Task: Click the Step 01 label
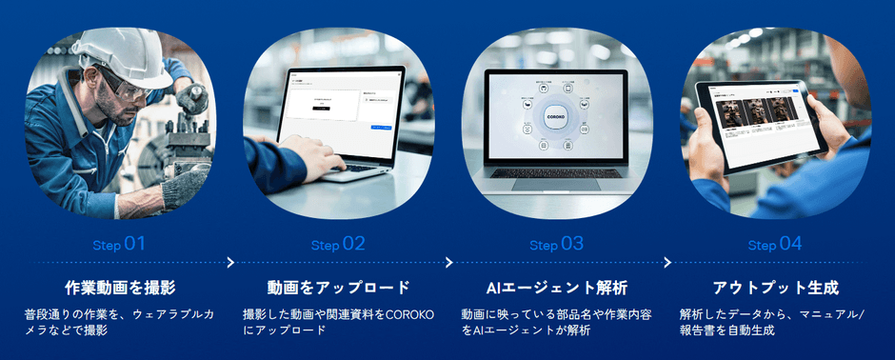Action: pyautogui.click(x=119, y=244)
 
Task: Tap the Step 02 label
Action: pyautogui.click(x=338, y=244)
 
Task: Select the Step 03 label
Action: pyautogui.click(x=557, y=244)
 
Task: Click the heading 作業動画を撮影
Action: pyautogui.click(x=120, y=287)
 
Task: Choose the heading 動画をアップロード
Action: pyautogui.click(x=338, y=287)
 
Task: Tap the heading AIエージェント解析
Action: pyautogui.click(x=557, y=287)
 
